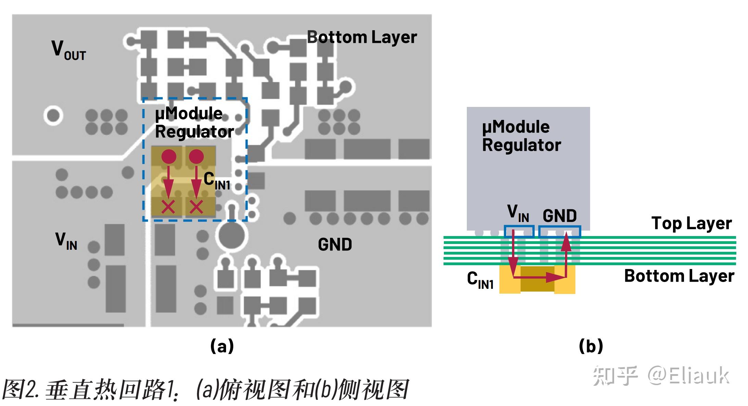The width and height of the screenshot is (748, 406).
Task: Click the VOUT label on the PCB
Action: (x=68, y=50)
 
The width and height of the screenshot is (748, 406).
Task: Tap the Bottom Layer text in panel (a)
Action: (x=362, y=37)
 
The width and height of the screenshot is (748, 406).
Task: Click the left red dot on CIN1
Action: (x=169, y=157)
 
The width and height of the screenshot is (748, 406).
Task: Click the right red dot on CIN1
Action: (x=196, y=157)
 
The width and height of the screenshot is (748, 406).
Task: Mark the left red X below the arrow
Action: (x=168, y=207)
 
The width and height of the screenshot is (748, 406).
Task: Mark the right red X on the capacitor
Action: (x=196, y=207)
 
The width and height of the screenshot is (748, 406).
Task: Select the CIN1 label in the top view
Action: (x=216, y=181)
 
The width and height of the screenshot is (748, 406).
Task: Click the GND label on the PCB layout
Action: (x=335, y=245)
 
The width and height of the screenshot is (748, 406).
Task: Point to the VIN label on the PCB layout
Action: (x=66, y=241)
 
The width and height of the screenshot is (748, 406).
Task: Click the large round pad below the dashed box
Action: (x=232, y=235)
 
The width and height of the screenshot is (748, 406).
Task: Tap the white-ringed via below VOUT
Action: (x=53, y=115)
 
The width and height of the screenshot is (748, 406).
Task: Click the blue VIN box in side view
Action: (x=519, y=232)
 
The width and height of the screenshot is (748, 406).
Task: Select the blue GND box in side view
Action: (x=560, y=232)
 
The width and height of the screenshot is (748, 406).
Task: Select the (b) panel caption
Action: (x=591, y=346)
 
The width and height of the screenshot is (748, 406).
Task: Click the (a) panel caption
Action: (x=222, y=346)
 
